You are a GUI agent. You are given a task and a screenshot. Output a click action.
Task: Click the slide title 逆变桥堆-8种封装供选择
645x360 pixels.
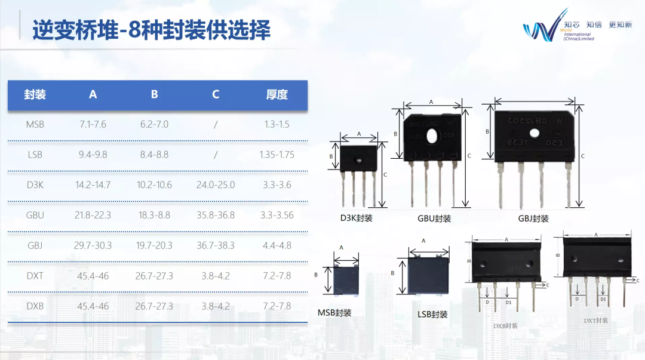151,30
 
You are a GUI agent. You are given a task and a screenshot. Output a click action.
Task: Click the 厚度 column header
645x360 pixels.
277,94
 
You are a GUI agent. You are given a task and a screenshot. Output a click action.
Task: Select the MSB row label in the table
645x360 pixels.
35,125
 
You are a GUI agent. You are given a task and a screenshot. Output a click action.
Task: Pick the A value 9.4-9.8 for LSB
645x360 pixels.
93,155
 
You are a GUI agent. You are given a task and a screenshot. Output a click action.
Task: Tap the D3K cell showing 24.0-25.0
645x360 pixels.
216,185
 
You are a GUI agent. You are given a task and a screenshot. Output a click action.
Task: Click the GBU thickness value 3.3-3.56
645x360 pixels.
277,216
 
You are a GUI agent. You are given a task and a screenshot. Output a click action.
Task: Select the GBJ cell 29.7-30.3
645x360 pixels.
93,245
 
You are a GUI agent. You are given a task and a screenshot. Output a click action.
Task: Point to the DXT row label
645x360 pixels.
35,276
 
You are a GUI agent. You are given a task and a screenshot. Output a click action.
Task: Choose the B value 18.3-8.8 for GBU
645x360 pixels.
154,216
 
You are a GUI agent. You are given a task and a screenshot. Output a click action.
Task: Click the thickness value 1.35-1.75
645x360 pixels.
277,155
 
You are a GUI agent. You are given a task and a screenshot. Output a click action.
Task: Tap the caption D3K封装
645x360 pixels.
357,219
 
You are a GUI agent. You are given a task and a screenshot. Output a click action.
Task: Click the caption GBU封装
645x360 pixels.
434,219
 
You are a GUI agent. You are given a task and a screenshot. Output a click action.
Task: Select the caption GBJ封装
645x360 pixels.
533,219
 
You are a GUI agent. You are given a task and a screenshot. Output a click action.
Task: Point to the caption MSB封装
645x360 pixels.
334,313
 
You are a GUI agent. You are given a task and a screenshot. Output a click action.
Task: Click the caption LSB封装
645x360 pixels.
432,315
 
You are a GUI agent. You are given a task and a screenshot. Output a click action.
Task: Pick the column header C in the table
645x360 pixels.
216,94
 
